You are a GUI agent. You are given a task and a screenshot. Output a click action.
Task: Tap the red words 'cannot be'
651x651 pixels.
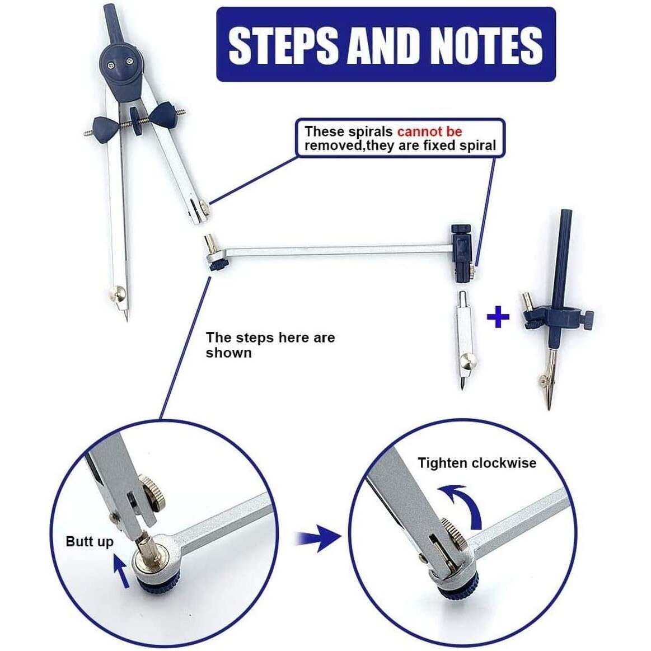pyautogui.click(x=429, y=132)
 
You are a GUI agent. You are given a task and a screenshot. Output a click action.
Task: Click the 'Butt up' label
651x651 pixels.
pyautogui.click(x=89, y=542)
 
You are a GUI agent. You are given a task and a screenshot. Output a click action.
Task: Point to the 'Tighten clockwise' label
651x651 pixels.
pyautogui.click(x=476, y=463)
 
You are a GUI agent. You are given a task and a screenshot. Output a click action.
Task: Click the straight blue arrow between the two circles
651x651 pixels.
pyautogui.click(x=318, y=538)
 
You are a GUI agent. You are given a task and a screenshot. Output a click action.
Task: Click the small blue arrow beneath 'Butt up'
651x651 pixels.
pyautogui.click(x=121, y=572)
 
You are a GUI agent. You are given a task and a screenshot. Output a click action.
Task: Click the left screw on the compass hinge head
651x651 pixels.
pyautogui.click(x=111, y=65)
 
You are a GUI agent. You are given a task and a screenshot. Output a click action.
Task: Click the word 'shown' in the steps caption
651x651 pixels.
pyautogui.click(x=229, y=353)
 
